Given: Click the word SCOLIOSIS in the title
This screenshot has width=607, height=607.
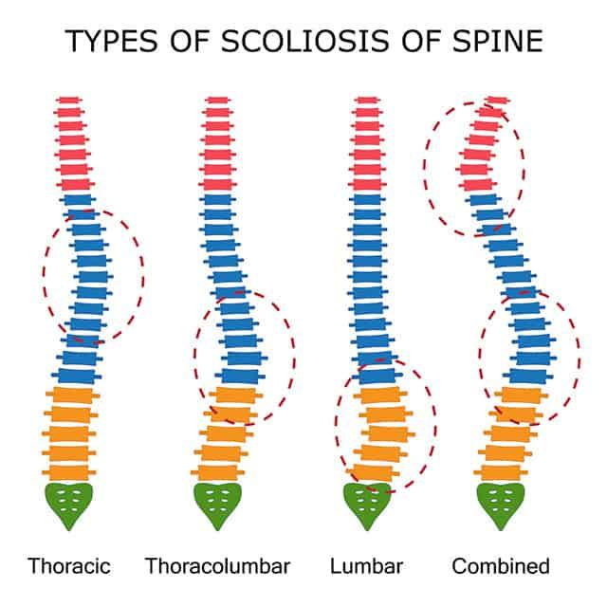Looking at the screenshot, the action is (304, 41).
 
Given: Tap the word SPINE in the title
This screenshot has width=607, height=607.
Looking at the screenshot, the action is (497, 41).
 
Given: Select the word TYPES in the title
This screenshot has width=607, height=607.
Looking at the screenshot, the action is (112, 41).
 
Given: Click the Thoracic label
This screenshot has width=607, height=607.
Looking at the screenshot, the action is (69, 566).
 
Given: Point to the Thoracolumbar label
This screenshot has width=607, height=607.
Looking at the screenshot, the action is (217, 566).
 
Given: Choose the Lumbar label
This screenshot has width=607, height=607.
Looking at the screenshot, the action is (366, 566).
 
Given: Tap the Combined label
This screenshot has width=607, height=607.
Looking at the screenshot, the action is (501, 566).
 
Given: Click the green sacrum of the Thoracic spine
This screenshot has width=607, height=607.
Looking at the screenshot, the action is (69, 503).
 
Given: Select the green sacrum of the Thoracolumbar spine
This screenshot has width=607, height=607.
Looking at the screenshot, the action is (217, 503).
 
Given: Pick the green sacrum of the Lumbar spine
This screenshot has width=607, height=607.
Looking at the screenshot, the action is (367, 503).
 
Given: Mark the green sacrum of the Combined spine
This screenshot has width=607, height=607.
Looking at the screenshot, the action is (501, 503).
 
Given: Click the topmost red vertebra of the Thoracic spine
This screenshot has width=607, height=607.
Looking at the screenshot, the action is (69, 100).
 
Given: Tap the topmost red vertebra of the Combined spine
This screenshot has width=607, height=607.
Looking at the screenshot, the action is (498, 100).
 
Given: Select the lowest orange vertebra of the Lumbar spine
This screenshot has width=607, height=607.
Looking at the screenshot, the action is (373, 472).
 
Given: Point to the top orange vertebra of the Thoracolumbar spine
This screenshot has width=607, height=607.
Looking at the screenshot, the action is (236, 395).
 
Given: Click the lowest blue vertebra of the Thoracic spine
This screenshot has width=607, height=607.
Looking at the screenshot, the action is (77, 377).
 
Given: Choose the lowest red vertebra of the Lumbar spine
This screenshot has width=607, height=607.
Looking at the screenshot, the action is (367, 184).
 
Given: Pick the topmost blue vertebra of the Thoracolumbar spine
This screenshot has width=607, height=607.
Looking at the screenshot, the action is (217, 200).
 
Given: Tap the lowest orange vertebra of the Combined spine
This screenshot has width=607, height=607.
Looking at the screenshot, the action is (501, 472).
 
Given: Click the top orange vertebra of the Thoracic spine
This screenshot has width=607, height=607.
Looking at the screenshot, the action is (73, 395).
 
